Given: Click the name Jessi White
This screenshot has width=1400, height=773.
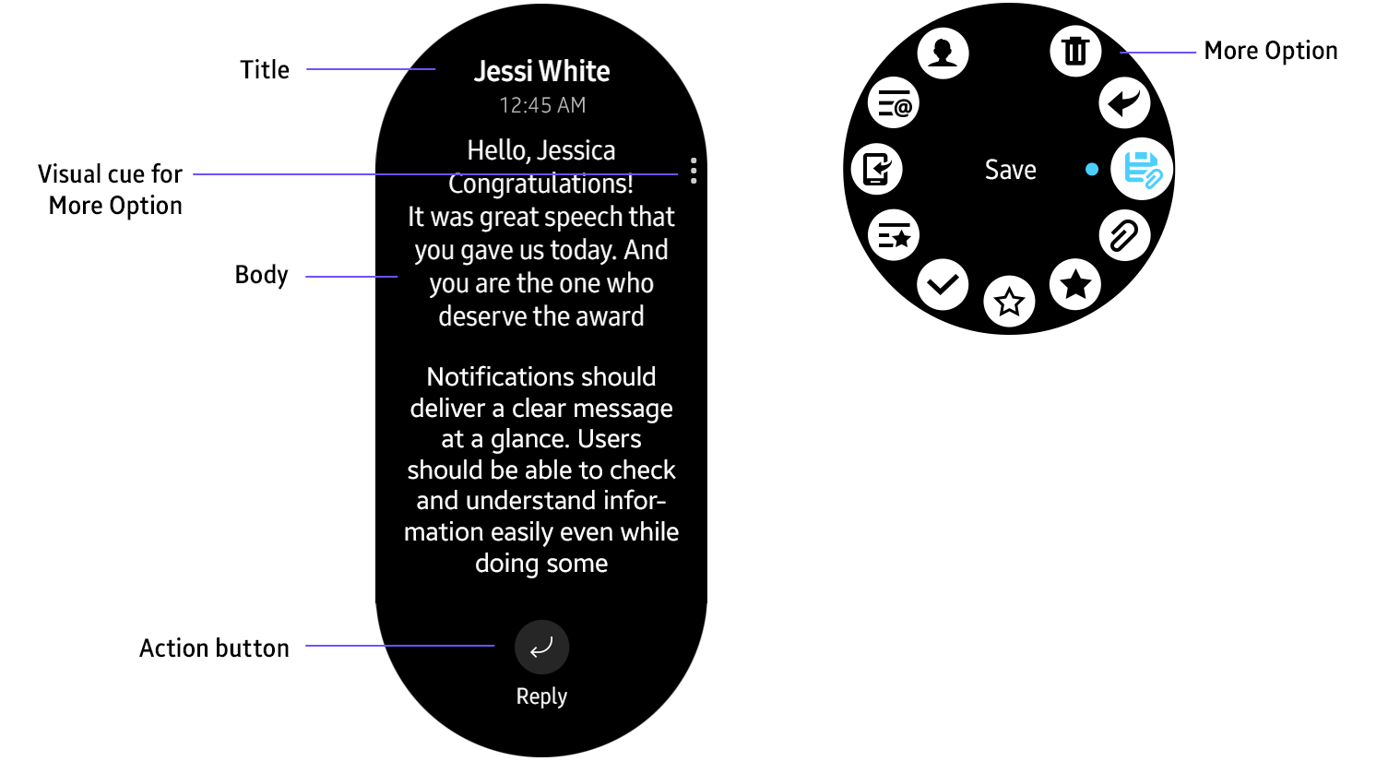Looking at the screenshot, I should pos(541,71).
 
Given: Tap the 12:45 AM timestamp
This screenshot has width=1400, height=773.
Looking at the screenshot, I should pos(542,105).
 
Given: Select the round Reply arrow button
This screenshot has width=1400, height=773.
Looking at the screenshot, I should pos(541,647).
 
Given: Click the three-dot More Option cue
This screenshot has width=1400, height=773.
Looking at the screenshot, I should pos(694,171).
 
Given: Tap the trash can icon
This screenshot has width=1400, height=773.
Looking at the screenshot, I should pos(1075,51).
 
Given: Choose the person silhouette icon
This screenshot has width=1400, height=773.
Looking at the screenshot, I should pos(943,52).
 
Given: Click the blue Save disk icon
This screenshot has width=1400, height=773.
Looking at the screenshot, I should pos(1142,170).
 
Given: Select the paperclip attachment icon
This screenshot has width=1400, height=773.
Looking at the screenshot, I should pos(1124,235).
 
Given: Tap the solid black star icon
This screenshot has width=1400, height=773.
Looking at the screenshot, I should pos(1075,284).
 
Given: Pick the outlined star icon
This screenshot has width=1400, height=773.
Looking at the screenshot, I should pos(1010,302).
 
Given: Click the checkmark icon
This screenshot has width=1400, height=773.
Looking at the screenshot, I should pos(943,284).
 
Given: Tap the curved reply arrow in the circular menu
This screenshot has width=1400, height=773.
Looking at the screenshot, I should pos(1124,101).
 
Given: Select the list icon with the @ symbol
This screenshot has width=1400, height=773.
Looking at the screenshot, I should pos(894,103).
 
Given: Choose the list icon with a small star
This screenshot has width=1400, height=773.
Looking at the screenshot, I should pos(894,235).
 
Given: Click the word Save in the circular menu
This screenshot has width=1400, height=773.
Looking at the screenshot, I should pos(1010,170).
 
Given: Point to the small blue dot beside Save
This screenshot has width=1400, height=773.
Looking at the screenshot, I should pos(1092,170).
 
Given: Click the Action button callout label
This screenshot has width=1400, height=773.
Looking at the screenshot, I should pos(214,648).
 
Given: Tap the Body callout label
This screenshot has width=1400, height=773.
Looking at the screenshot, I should pos(261,275).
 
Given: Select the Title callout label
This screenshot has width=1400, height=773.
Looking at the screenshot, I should pos(265,70).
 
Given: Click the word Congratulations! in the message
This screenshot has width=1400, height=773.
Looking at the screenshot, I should pos(541,184).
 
